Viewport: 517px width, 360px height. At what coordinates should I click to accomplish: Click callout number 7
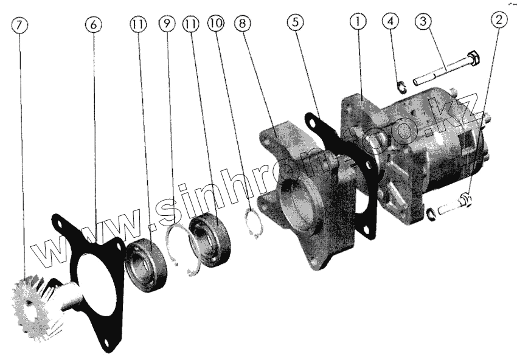(x=19, y=25)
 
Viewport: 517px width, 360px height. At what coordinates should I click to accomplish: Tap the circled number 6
(x=93, y=25)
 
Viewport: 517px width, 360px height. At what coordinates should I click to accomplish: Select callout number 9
(x=167, y=23)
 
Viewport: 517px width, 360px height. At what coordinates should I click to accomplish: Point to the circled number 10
(x=216, y=22)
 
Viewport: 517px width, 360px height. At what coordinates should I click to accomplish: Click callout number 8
(x=243, y=23)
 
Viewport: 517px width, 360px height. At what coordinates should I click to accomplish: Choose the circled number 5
(x=296, y=22)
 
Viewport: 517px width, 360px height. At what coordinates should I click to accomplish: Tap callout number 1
(x=358, y=22)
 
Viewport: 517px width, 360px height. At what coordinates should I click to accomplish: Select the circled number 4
(x=390, y=21)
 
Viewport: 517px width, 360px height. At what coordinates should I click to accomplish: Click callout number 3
(x=423, y=21)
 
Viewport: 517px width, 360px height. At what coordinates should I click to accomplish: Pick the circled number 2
(x=499, y=20)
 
